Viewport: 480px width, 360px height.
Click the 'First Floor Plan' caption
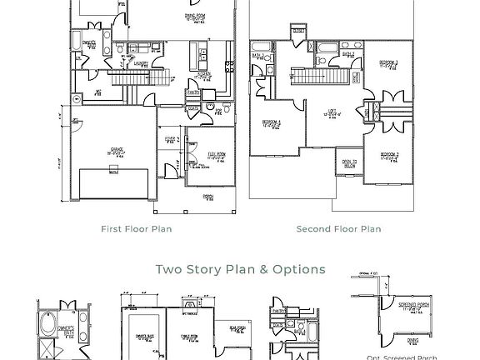(137, 228)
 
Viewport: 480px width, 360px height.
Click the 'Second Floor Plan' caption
(338, 228)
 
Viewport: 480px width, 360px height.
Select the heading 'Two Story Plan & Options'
(240, 269)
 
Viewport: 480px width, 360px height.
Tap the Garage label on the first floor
(116, 151)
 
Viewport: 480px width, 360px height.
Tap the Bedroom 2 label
(389, 156)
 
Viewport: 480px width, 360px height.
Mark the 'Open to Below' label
(349, 163)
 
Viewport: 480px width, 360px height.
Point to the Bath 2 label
(348, 54)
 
